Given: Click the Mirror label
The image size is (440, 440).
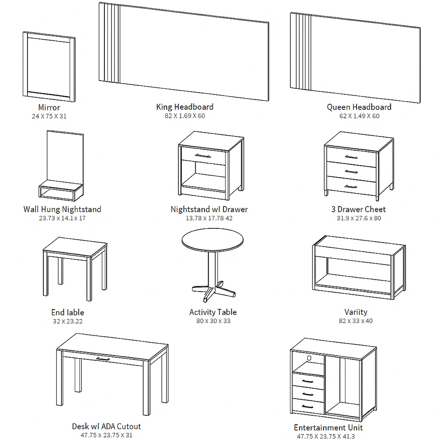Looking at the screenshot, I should tap(49, 107).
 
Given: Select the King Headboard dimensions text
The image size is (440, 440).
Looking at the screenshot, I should tap(185, 116).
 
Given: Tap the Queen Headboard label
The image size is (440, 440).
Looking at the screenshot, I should tap(359, 107).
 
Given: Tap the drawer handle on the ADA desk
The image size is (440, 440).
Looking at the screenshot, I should tap(103, 359).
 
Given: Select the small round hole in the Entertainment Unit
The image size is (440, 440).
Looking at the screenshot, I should tap(309, 357).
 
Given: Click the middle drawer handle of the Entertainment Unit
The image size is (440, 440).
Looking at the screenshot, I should tap(308, 394).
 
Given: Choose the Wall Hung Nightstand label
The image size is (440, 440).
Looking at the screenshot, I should tap(62, 209).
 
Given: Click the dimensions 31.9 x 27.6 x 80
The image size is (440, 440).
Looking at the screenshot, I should tap(359, 218).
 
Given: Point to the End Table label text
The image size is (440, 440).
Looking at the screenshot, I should tap(67, 312).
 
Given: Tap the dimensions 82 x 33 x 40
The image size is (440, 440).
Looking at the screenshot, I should tap(356, 321).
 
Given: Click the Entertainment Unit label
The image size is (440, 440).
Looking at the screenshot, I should tap(328, 428).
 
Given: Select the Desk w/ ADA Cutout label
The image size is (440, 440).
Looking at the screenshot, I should tap(106, 426).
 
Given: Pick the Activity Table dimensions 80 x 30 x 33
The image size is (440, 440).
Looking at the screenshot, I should tap(213, 321).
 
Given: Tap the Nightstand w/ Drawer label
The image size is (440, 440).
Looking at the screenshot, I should tap(209, 209).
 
